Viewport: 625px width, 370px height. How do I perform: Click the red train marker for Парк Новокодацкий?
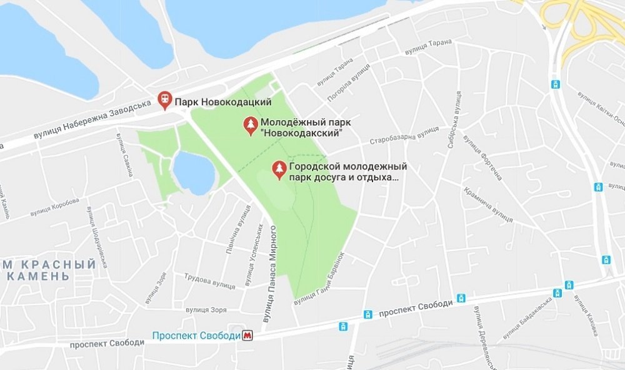pos(164,100)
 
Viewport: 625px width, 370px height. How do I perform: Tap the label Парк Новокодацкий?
pos(222,101)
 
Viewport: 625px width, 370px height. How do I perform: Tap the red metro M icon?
pos(249,336)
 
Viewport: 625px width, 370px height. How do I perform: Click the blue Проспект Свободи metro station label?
pos(196,336)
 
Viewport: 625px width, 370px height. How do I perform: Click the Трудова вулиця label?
pos(209,282)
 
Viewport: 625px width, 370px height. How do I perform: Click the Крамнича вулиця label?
pos(489,206)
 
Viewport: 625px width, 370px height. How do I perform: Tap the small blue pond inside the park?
pos(193,173)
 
